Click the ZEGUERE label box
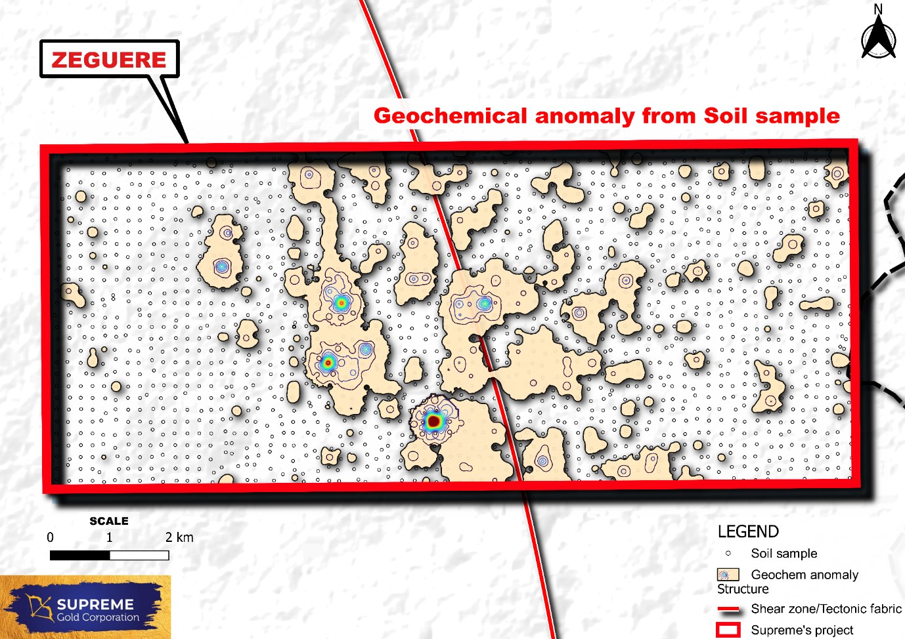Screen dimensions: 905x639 109,60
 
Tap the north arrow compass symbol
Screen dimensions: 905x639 878,39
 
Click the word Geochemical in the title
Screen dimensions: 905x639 450,116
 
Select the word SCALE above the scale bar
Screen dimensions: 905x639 109,521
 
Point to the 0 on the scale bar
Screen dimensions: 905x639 51,537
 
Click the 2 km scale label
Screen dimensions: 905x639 179,537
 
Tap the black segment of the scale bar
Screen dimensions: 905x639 80,556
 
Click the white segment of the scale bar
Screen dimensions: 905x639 139,556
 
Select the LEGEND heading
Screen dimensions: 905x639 748,531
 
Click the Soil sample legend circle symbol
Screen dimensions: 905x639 728,553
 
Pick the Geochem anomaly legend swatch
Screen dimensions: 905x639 728,575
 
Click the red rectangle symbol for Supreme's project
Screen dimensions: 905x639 728,630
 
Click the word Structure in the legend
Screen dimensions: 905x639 743,589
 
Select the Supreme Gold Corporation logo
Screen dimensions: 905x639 85,608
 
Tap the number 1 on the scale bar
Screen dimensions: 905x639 109,537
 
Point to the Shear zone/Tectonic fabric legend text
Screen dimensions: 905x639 826,609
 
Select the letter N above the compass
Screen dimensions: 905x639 878,9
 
